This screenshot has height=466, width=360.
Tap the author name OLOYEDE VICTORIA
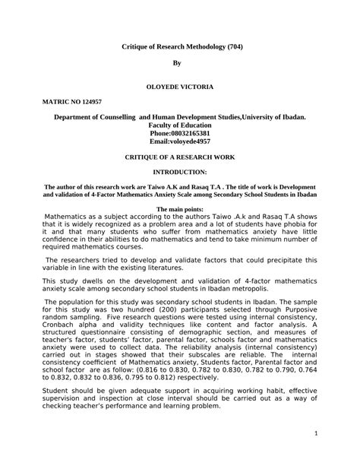[180, 87]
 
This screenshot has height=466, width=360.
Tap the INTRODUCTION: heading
[180, 173]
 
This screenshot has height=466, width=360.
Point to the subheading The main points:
[180, 208]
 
